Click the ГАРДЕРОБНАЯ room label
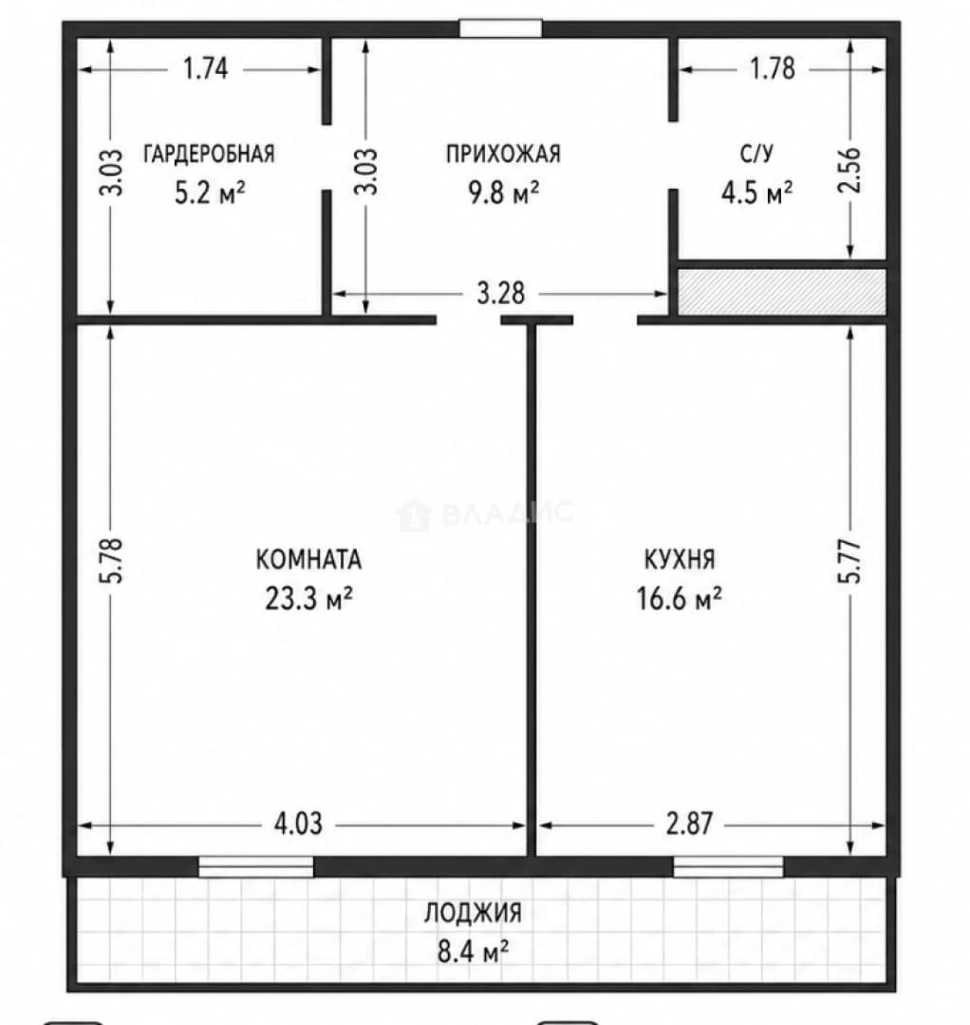[209, 154]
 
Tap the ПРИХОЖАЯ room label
[503, 154]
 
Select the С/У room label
[756, 154]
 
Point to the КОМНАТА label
[308, 560]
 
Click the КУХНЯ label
[680, 560]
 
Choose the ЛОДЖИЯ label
[474, 913]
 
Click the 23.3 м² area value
[308, 598]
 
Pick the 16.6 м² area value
[680, 598]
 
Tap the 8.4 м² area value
[474, 951]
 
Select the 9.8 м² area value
[503, 193]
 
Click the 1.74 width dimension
[206, 68]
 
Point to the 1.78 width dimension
[773, 68]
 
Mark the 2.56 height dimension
[851, 171]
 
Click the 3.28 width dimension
[501, 293]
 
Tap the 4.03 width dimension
[298, 825]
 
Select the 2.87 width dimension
[689, 825]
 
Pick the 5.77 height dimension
[851, 561]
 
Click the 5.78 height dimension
[111, 561]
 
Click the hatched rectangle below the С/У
[782, 292]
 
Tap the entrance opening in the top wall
[501, 28]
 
